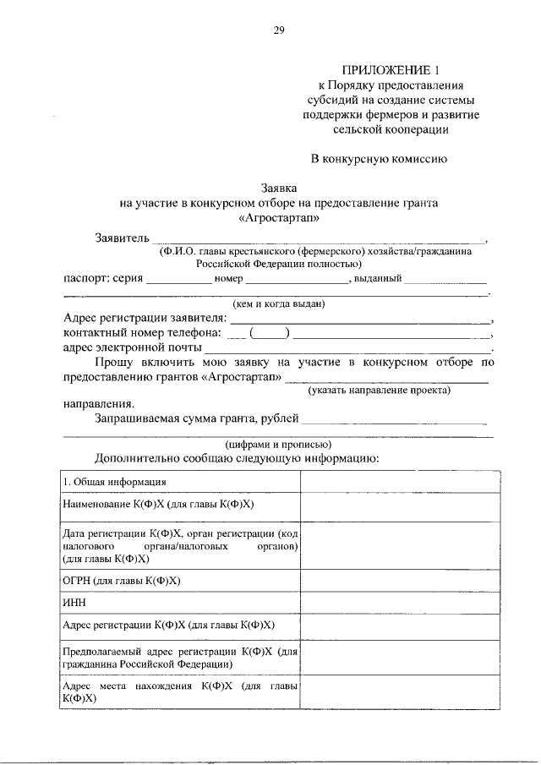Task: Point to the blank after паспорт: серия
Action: click(x=178, y=280)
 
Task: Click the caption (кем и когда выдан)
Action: click(x=279, y=304)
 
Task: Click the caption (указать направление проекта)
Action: click(x=379, y=390)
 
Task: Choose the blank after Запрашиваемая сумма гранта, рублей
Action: click(x=394, y=418)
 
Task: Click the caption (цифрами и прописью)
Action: click(x=278, y=444)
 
